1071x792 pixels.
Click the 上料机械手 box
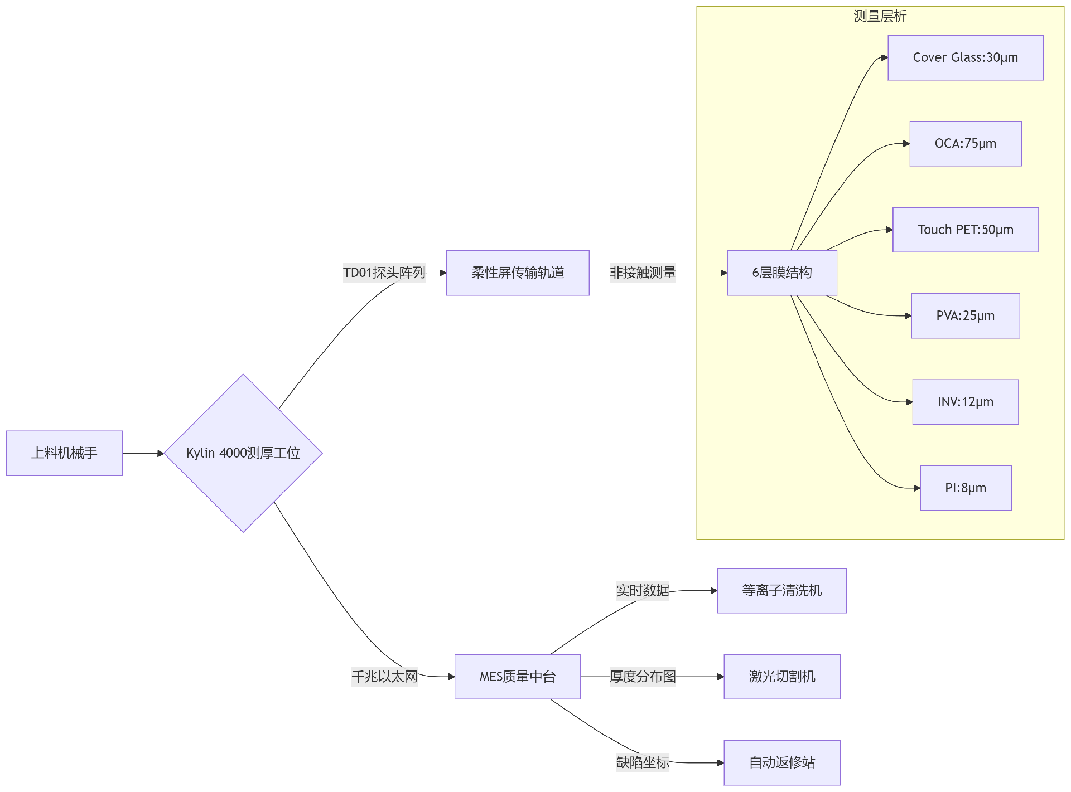tap(64, 453)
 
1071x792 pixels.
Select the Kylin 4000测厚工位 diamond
tap(243, 453)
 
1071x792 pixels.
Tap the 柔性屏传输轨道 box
tap(518, 273)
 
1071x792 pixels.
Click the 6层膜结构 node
tap(781, 273)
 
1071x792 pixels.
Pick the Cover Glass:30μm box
tap(965, 57)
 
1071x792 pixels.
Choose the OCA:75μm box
tap(965, 143)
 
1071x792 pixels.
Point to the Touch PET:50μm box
tap(965, 230)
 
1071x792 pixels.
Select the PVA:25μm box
tap(965, 315)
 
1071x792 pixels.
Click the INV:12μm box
tap(965, 402)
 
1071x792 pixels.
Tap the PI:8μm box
tap(965, 488)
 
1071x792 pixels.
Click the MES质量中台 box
tap(518, 676)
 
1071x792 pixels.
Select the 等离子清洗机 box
tap(781, 590)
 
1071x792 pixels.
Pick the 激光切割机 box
tap(781, 676)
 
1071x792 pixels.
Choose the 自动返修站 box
tap(781, 762)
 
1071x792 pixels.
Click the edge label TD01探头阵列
tap(384, 273)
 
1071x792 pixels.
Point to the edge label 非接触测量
tap(643, 273)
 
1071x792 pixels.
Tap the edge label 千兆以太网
tap(384, 676)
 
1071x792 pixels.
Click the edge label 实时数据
tap(643, 590)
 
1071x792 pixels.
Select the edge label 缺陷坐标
tap(643, 762)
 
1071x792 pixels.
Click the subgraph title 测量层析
tap(880, 16)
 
